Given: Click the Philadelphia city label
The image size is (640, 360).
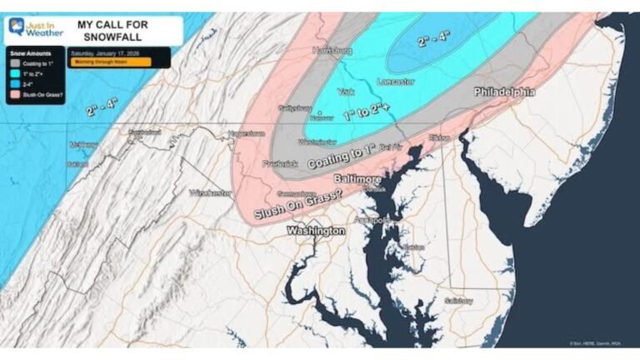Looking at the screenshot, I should (504, 92).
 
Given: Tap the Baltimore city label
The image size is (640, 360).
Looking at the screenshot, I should (357, 179).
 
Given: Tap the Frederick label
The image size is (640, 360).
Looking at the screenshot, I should (279, 164).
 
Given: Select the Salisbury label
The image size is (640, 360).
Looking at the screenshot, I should (458, 301).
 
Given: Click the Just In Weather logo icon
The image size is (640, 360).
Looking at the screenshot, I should (16, 27).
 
